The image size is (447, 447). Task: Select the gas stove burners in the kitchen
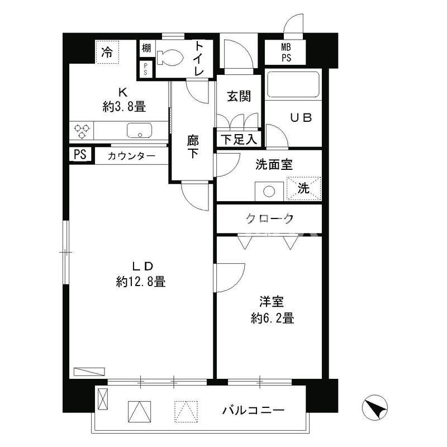pos(82,131)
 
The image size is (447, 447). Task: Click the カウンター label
pos(132,156)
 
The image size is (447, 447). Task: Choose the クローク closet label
pos(269,218)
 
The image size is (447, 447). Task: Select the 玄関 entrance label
pos(239,96)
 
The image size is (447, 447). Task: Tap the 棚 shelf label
pos(146,49)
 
